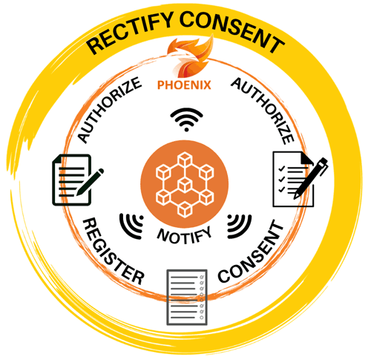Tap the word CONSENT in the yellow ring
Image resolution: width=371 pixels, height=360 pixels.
point(232,30)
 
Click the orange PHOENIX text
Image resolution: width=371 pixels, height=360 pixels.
point(184,85)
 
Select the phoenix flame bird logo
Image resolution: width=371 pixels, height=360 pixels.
point(189,57)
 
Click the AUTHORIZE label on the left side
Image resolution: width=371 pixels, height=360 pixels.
point(109,110)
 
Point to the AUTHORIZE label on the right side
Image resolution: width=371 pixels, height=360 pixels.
point(263,111)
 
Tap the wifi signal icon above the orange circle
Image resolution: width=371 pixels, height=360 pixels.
point(186,120)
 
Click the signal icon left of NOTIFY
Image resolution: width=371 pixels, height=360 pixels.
point(132,226)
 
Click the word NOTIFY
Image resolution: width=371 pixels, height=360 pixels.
point(185,235)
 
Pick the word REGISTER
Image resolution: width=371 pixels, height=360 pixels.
point(114,251)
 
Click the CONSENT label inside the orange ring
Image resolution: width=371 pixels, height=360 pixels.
point(250,252)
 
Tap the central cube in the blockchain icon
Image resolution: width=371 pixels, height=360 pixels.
point(184,185)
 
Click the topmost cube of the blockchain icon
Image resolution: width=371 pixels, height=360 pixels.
point(185,159)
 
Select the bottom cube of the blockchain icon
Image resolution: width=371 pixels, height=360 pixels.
point(185,210)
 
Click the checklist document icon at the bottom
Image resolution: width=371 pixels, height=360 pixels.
point(187,297)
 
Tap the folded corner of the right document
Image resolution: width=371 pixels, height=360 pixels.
point(306,158)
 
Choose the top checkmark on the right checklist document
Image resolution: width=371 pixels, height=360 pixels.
point(281,168)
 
